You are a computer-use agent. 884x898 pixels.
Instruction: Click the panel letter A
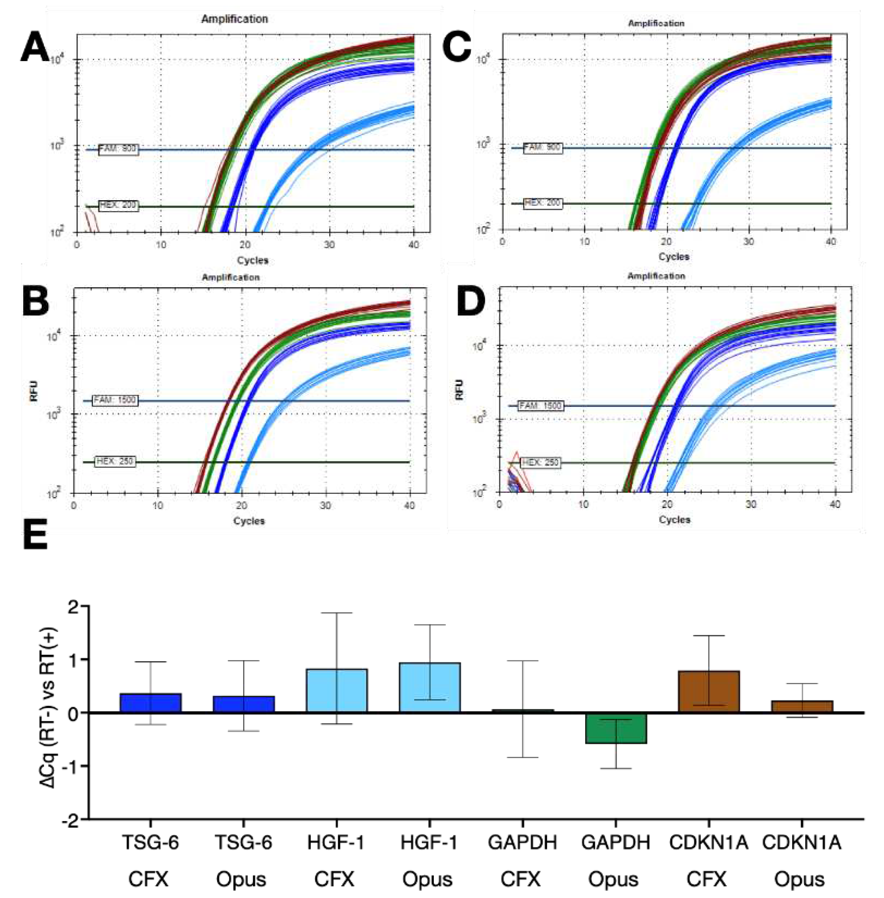35,49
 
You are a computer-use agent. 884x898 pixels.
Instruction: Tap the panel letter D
471,302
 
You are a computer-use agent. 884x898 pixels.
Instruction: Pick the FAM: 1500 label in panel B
115,400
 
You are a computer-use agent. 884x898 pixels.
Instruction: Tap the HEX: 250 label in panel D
540,462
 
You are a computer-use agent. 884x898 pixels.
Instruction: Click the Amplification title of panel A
234,19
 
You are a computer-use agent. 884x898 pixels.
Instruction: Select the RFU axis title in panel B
34,391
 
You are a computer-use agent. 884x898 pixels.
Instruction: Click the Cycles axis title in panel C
674,257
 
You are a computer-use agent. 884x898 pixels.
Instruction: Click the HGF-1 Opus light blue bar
429,687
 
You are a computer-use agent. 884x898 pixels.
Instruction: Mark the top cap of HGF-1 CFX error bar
336,613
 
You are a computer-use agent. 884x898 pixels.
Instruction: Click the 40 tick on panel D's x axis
835,505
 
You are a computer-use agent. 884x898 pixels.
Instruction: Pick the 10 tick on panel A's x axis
161,245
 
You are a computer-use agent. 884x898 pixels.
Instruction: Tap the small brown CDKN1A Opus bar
802,707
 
